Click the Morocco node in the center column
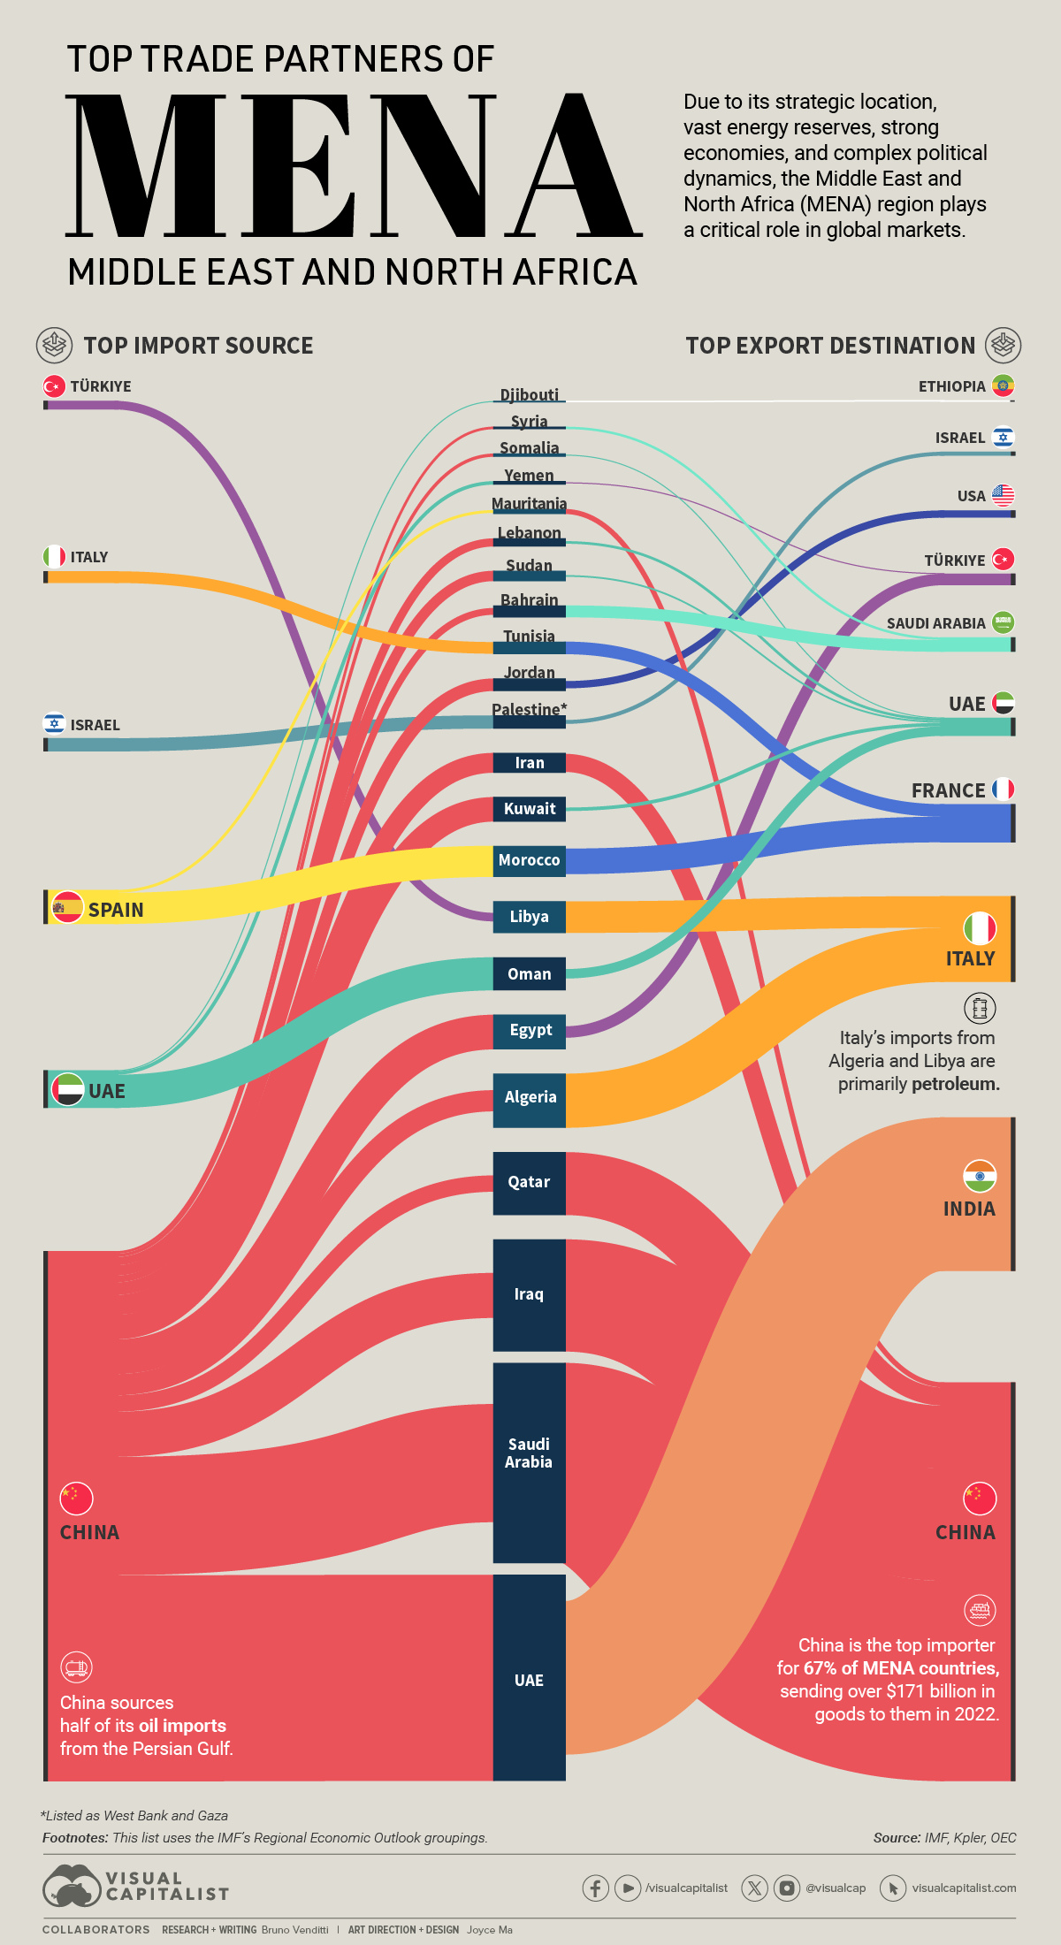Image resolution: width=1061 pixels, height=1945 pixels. tap(529, 860)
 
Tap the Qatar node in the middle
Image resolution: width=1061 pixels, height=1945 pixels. tap(529, 1182)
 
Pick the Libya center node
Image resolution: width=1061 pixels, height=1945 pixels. tap(529, 917)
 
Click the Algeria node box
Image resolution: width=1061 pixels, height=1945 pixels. tap(530, 1098)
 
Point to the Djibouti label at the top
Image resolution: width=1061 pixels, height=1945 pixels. tap(529, 394)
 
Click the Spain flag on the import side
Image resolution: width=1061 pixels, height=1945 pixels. tap(67, 908)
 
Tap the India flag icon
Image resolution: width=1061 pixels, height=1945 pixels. tap(980, 1176)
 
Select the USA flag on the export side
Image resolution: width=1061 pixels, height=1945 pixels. tap(1003, 495)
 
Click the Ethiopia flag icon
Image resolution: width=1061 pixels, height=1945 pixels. tap(1003, 385)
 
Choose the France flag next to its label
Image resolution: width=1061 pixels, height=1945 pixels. tap(1003, 789)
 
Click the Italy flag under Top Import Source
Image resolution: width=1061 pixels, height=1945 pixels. tap(54, 556)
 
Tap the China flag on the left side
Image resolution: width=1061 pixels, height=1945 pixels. tap(76, 1499)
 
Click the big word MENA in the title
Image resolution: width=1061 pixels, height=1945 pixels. tap(354, 166)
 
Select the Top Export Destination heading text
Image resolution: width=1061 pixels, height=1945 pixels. tap(830, 346)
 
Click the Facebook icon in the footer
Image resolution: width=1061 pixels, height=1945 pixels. tap(595, 1888)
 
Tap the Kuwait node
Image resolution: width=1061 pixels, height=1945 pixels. tap(529, 809)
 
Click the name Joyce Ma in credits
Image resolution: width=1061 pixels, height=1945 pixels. tap(490, 1930)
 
